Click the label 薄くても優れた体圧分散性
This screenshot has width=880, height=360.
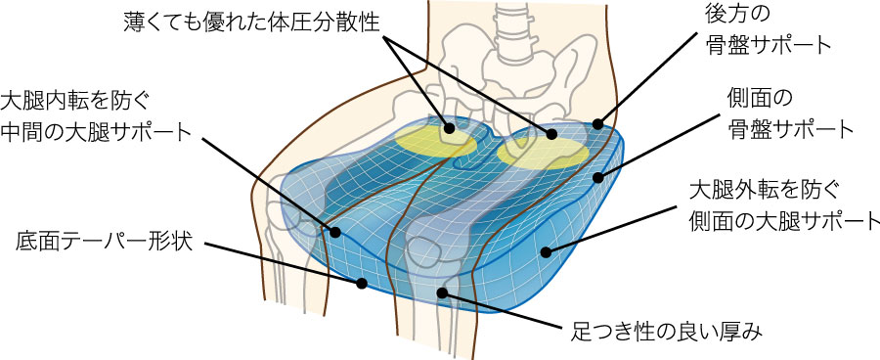tap(251, 22)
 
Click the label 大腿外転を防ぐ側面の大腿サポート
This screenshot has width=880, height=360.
tap(784, 206)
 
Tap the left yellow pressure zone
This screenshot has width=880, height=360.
tap(435, 139)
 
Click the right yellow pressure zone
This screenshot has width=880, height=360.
tap(544, 153)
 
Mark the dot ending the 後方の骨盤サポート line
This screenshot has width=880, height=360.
tap(598, 123)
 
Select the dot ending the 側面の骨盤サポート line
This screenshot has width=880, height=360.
tap(598, 178)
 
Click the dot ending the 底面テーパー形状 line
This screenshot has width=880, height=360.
tap(362, 284)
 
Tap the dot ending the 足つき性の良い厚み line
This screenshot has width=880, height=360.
tap(443, 292)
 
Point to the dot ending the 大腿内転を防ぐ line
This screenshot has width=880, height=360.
tap(335, 232)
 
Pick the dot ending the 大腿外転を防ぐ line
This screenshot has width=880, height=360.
tap(546, 252)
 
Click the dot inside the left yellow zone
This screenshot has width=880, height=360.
tap(449, 128)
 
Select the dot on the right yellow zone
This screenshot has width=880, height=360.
tap(551, 134)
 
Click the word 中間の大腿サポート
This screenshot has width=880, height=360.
tap(96, 131)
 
